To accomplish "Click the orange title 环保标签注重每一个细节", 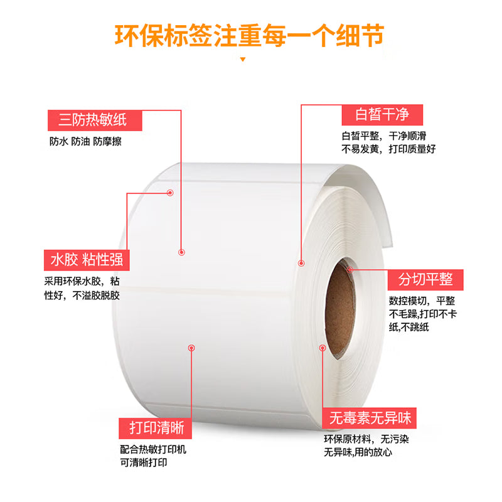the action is [249, 36].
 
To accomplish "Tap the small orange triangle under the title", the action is [243, 59].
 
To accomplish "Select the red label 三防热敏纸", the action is [95, 120].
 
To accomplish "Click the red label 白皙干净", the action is [382, 115].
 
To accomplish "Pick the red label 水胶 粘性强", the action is [87, 260].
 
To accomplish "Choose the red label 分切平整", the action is [425, 280].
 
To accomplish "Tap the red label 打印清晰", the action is [155, 428].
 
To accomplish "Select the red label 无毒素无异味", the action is [369, 418].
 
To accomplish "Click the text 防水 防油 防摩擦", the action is [85, 141].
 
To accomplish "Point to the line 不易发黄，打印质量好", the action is [388, 149].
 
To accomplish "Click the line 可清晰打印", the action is [144, 462].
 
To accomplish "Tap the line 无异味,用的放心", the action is [358, 452].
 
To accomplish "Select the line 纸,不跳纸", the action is [409, 327].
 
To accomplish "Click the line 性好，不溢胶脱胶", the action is [82, 295].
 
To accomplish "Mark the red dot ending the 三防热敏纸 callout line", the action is [181, 252].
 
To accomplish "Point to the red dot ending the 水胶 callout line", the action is [170, 193].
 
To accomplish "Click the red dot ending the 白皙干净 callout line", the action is [301, 263].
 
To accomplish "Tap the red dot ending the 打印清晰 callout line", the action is [191, 348].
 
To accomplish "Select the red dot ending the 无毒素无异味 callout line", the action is [323, 348].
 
